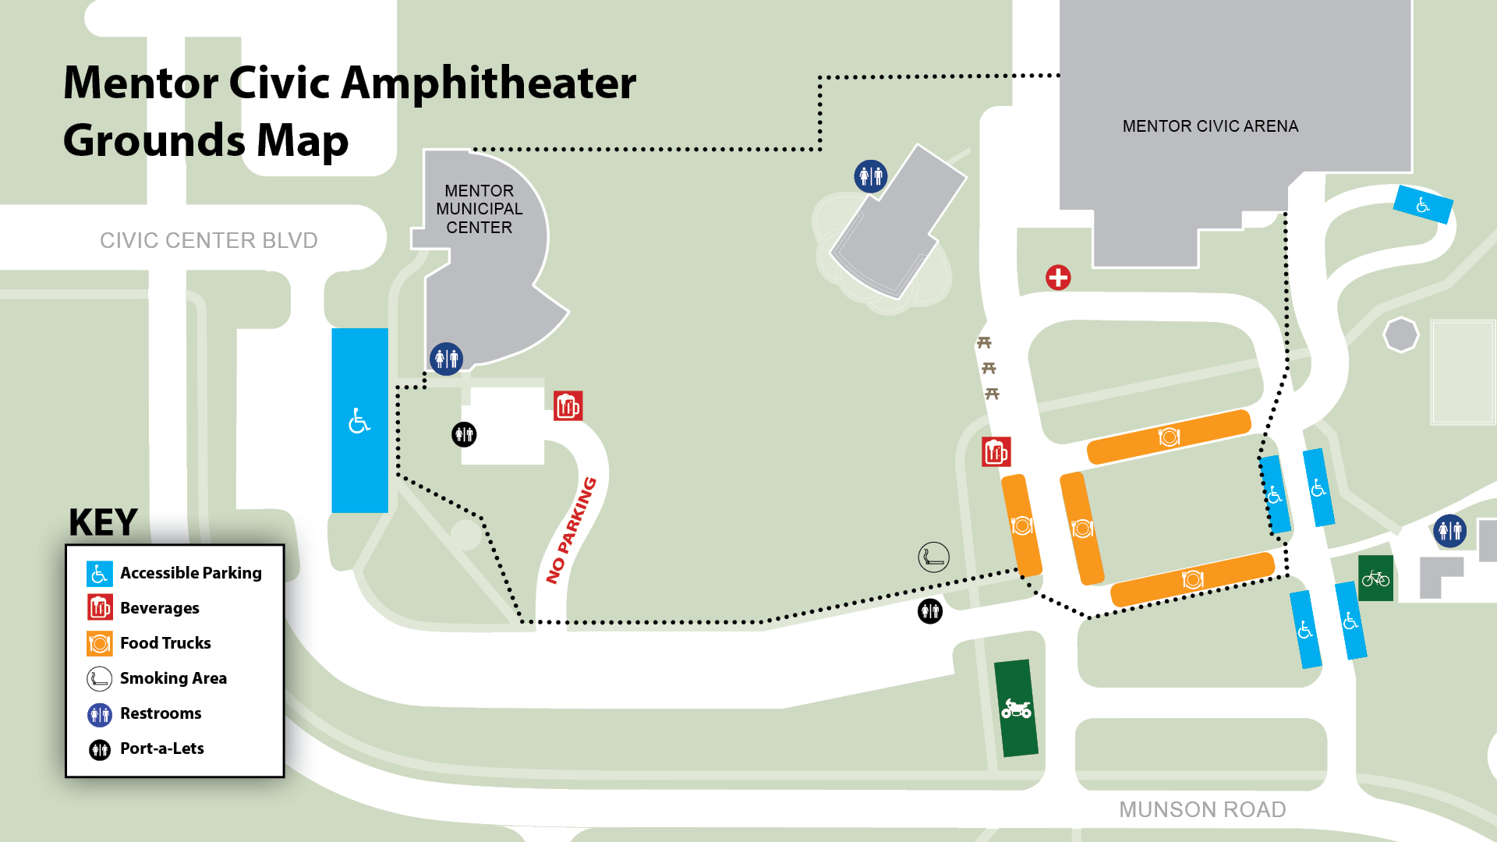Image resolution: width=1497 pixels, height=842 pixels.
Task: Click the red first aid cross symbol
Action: coord(1058,278)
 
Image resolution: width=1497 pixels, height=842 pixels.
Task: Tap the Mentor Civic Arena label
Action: coord(1210,126)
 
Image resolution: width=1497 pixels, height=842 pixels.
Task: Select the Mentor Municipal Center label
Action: coord(479,209)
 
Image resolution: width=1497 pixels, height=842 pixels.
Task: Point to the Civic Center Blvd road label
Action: coord(208,240)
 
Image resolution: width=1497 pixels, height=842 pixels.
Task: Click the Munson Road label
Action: coord(1201,809)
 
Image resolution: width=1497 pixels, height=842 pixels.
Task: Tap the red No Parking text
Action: coord(572,530)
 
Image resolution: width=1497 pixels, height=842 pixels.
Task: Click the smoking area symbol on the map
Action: coord(933,557)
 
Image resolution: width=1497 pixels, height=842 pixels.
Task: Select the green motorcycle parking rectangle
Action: coord(1016,708)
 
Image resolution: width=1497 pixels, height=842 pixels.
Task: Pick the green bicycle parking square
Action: coord(1375,578)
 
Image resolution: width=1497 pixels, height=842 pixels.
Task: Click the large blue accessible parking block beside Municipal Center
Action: coord(359,420)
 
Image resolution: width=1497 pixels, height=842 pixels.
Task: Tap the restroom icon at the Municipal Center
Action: coord(446,359)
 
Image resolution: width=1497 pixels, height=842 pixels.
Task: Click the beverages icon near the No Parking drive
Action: coord(568,406)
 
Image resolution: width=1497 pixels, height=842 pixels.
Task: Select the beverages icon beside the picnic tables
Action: coord(996,452)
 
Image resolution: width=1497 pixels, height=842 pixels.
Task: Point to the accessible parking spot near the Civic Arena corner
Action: coord(1423,205)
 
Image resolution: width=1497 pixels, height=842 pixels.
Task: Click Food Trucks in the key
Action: coord(165,643)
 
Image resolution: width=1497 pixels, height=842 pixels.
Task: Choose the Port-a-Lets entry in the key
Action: coord(161,748)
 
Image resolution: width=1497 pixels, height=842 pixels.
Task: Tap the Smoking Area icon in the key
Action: coord(100,678)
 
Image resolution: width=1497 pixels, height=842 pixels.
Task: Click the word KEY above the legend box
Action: coord(103,522)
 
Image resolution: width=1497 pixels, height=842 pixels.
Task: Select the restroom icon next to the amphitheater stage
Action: coord(870,176)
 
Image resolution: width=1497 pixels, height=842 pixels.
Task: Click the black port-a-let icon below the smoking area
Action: coord(930,611)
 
